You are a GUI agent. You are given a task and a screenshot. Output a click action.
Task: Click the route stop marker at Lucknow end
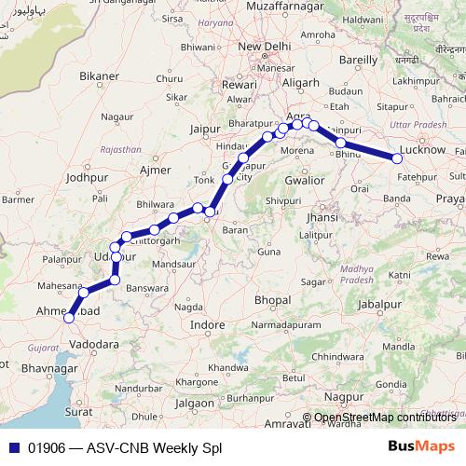pos(398,159)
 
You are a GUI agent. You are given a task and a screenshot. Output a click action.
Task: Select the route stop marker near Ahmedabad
pos(68,318)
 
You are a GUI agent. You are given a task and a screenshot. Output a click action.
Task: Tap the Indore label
pos(207,324)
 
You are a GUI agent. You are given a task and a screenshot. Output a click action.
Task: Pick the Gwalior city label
pos(306,178)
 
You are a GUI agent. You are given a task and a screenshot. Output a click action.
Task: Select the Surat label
pos(78,410)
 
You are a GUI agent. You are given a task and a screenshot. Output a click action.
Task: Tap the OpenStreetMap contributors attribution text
pos(385,418)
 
